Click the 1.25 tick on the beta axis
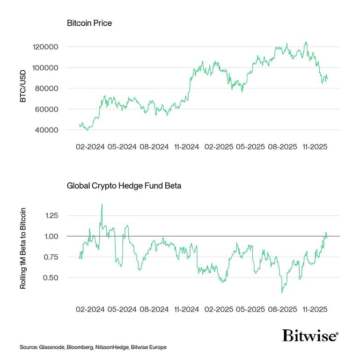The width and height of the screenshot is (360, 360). click(52, 215)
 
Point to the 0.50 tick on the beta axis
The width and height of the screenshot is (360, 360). click(52, 278)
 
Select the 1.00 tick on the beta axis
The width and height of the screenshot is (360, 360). click(52, 236)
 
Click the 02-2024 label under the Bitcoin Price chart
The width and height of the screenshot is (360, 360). click(89, 146)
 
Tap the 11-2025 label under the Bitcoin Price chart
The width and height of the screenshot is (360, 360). click(314, 146)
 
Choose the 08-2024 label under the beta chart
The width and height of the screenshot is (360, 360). click(153, 310)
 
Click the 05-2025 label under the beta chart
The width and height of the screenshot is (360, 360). click(251, 310)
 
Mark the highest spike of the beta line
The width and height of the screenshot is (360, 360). click(102, 204)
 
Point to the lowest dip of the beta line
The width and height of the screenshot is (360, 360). click(282, 292)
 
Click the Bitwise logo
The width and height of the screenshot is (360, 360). click(310, 336)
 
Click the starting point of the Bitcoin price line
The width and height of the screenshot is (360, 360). click(79, 125)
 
